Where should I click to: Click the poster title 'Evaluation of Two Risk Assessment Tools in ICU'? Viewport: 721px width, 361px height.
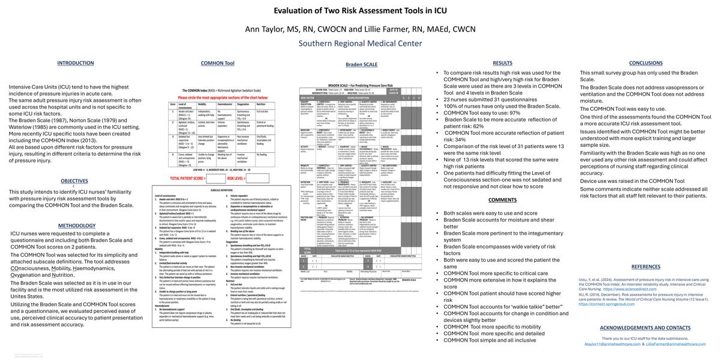pos(360,10)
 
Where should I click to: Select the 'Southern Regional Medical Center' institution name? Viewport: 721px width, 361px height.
pos(360,43)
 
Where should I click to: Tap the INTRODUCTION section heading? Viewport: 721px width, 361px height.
pos(75,63)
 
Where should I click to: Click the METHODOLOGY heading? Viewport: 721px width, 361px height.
pos(77,225)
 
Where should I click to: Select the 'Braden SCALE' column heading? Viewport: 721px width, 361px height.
pos(361,64)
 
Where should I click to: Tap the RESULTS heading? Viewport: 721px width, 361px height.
pos(502,63)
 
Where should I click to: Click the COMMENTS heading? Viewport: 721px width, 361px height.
pos(502,200)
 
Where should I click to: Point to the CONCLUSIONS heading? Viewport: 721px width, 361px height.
pos(646,63)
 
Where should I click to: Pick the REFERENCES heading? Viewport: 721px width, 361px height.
pos(645,267)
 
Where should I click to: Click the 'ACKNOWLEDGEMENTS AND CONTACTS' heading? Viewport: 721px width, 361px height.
pos(645,327)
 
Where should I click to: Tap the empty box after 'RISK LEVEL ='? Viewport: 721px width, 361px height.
pos(261,178)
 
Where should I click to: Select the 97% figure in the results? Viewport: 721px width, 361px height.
pos(515,113)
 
